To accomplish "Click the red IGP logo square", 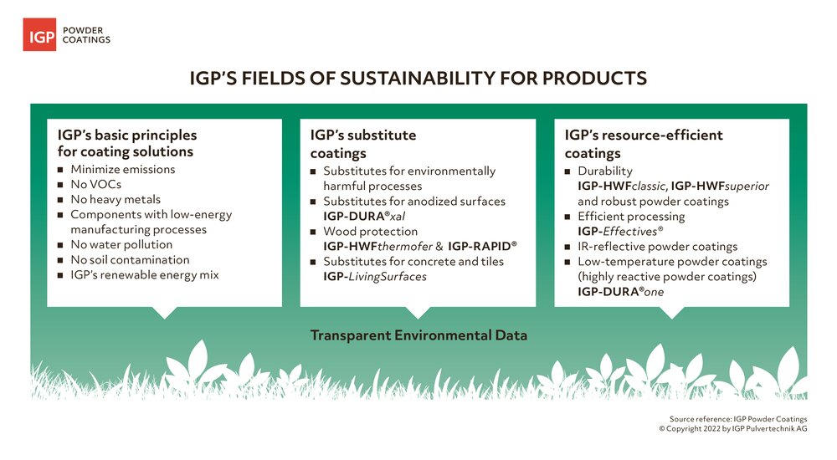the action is pyautogui.click(x=39, y=34).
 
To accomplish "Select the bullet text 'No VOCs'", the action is pyautogui.click(x=96, y=184).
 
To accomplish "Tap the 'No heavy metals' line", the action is pyautogui.click(x=116, y=199).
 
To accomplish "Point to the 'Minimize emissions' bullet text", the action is pyautogui.click(x=123, y=169).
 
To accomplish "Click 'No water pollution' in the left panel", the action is pyautogui.click(x=121, y=244).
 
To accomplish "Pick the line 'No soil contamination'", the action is pyautogui.click(x=131, y=260).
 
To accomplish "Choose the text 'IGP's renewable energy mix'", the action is pyautogui.click(x=145, y=275).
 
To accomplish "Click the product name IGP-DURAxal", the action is pyautogui.click(x=364, y=216).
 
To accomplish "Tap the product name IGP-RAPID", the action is pyautogui.click(x=483, y=246).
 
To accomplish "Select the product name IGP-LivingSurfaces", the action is pyautogui.click(x=375, y=277).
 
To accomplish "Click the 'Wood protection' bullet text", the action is pyautogui.click(x=371, y=231).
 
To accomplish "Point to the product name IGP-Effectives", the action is pyautogui.click(x=620, y=231).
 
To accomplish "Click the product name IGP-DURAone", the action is pyautogui.click(x=621, y=291).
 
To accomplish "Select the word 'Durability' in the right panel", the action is pyautogui.click(x=605, y=171).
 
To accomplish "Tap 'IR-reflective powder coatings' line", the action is pyautogui.click(x=658, y=246).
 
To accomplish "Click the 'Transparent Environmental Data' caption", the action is pyautogui.click(x=418, y=335).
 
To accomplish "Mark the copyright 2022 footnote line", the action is pyautogui.click(x=733, y=428).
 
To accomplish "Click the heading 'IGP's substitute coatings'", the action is pyautogui.click(x=363, y=144).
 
